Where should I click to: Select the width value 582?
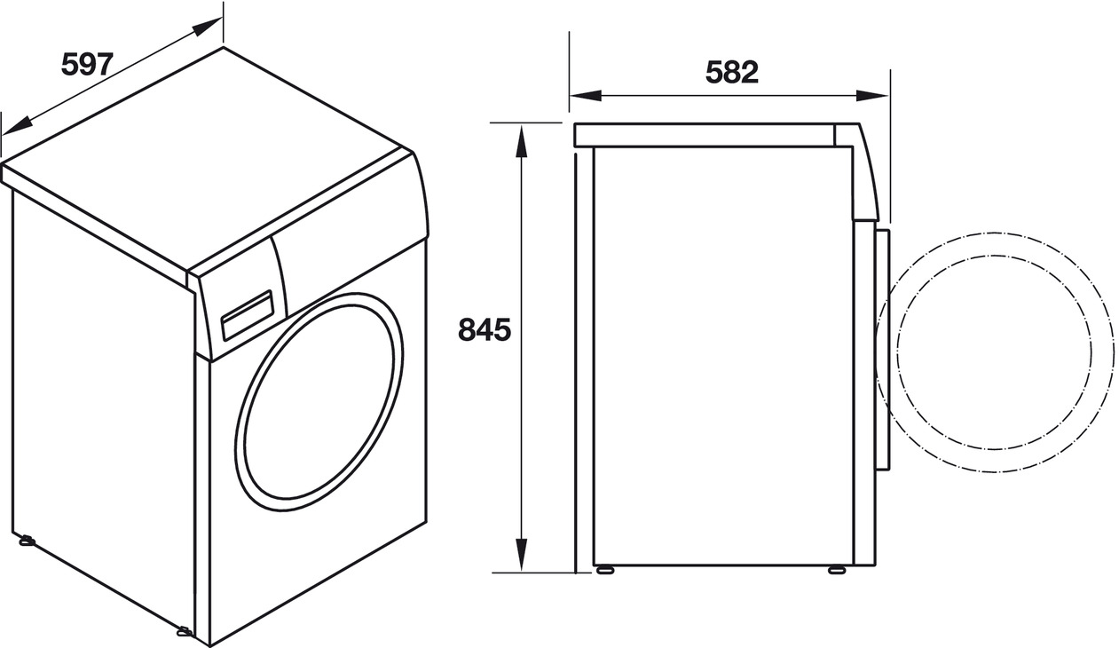click(x=732, y=72)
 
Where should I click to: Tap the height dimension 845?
click(x=485, y=329)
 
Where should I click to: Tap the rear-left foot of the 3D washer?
click(x=27, y=539)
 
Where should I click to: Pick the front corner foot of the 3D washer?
click(x=185, y=631)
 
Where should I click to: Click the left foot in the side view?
click(x=605, y=569)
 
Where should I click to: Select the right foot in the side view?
click(x=836, y=569)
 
